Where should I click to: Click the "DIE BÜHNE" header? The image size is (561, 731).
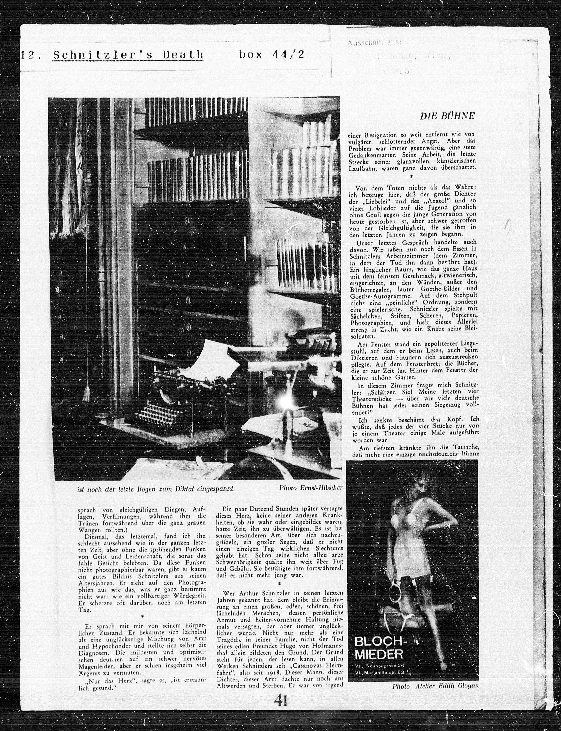point(447,116)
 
